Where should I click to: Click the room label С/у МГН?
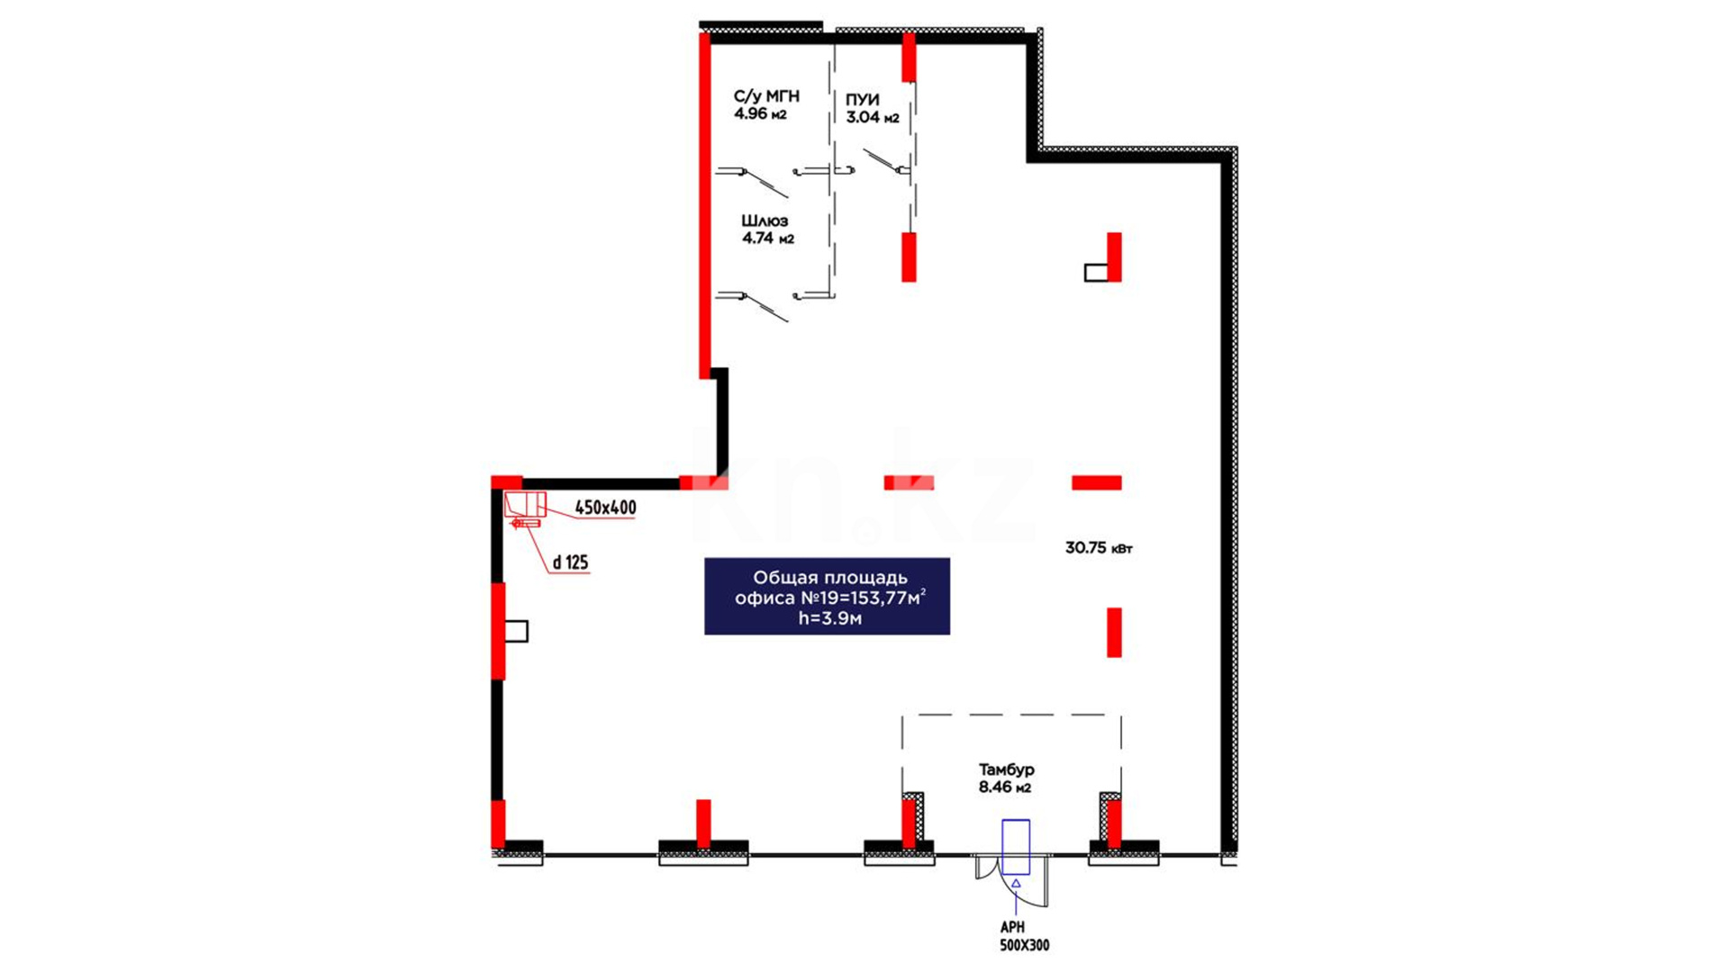pos(766,96)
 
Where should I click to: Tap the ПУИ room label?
pos(862,100)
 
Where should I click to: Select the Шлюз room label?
pos(765,220)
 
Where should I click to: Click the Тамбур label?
pos(1007,769)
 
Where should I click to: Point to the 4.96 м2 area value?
pos(761,114)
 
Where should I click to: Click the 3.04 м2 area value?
pos(873,117)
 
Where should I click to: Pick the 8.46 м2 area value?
pos(1005,787)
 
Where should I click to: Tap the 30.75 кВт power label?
pos(1099,547)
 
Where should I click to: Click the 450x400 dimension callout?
pos(605,508)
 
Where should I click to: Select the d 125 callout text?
pos(570,562)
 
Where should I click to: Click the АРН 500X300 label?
pos(1024,936)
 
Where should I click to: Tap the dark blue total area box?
pos(827,597)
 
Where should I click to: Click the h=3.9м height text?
pos(829,618)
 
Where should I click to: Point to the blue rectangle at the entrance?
pos(1016,846)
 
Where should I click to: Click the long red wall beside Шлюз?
pos(704,205)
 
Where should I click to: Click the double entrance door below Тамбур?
pos(1014,879)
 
